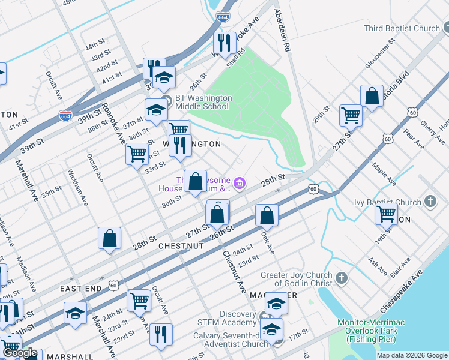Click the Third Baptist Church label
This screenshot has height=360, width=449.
[402, 28]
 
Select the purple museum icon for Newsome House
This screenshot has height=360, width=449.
[239, 183]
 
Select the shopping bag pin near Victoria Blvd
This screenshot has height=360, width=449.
[372, 96]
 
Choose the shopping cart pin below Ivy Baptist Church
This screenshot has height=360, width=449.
[386, 214]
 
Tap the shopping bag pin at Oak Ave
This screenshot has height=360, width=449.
[267, 214]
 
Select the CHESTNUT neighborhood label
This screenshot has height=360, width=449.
[178, 246]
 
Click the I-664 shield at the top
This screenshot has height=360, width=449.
[222, 17]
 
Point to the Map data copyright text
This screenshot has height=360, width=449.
[412, 355]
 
